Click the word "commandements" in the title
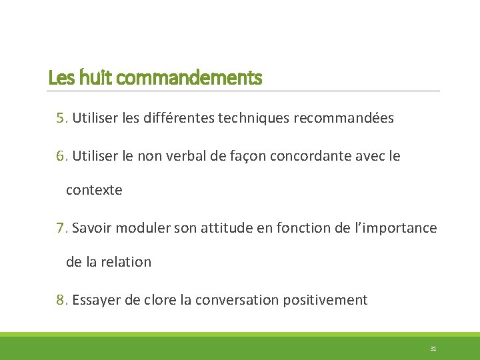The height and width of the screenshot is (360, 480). point(189,79)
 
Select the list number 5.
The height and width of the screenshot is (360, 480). point(62,119)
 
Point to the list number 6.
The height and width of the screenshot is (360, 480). point(62,156)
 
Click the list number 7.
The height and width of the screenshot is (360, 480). point(62,228)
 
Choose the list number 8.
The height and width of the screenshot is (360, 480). point(62,300)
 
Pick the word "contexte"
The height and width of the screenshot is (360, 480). point(94,190)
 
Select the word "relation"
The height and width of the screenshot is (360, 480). point(127,262)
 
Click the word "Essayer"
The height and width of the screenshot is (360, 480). point(96,300)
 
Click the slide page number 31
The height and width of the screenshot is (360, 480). point(433,349)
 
